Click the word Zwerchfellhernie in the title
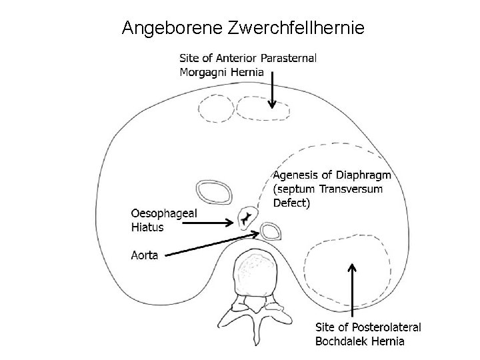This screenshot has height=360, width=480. click(x=297, y=29)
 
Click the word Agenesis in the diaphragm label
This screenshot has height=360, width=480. click(x=295, y=175)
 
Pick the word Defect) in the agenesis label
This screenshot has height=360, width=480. click(x=292, y=203)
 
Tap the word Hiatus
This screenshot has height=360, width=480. click(x=147, y=227)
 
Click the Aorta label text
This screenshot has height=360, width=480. click(x=145, y=254)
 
